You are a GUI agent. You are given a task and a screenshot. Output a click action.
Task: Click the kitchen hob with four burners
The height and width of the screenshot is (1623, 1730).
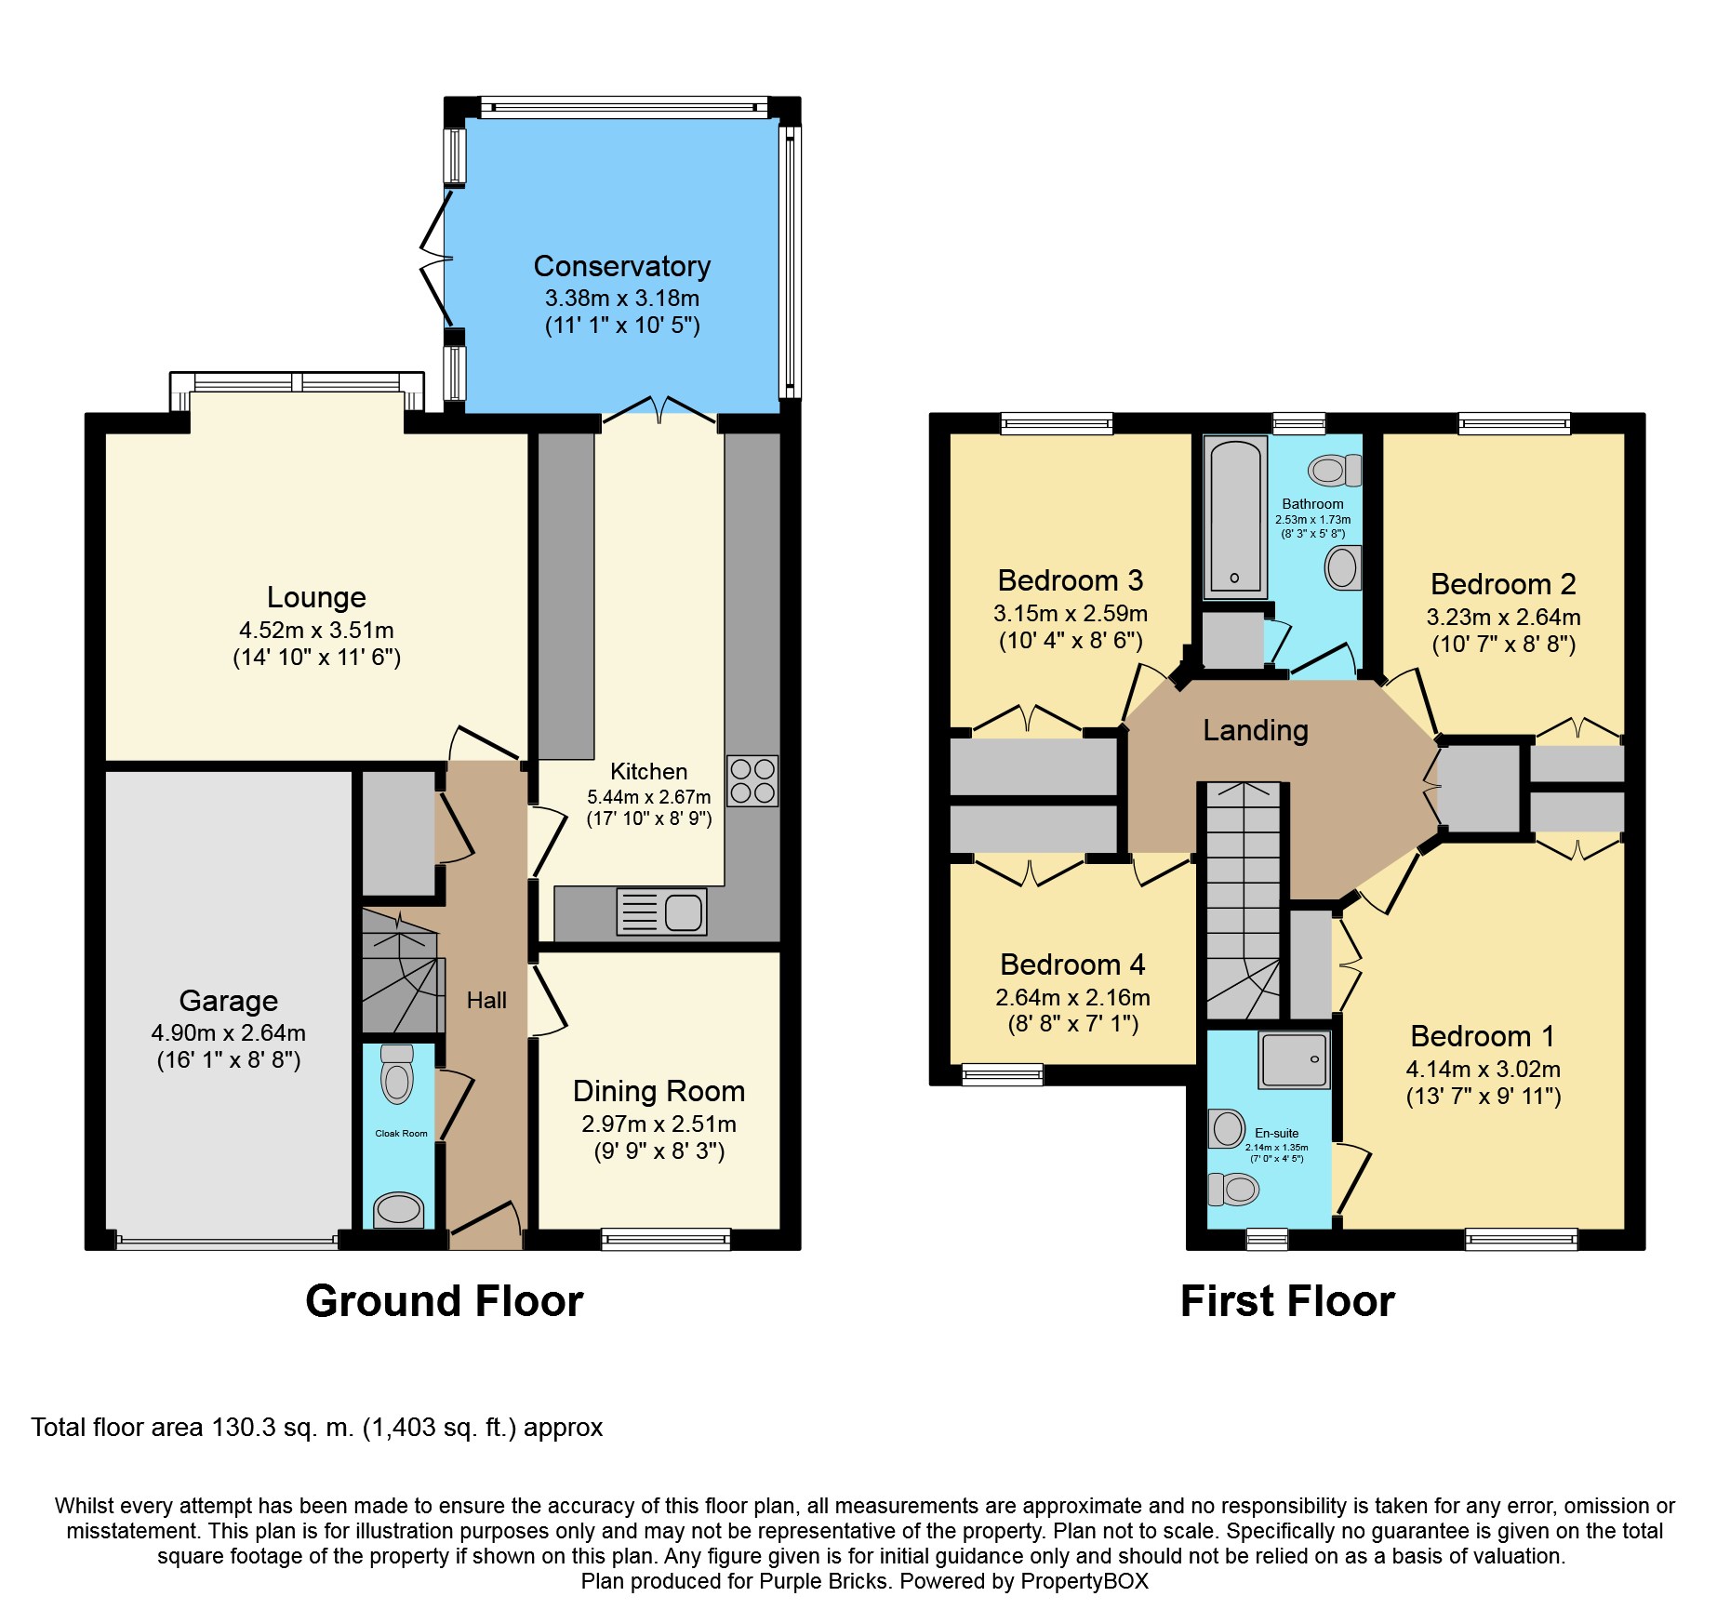click(x=752, y=780)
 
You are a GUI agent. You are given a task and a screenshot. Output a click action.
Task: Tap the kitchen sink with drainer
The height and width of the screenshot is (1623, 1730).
click(x=661, y=911)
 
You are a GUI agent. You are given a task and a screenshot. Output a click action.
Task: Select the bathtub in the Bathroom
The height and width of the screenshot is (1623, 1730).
click(x=1235, y=517)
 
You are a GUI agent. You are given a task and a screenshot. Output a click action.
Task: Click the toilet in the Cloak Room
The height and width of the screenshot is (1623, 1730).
click(x=397, y=1074)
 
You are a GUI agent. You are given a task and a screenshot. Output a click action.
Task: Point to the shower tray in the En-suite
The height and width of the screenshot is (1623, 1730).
click(x=1294, y=1059)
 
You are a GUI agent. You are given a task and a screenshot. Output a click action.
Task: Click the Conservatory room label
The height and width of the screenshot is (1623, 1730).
click(x=621, y=266)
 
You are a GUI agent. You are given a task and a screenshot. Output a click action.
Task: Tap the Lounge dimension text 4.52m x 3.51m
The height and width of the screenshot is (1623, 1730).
click(x=316, y=630)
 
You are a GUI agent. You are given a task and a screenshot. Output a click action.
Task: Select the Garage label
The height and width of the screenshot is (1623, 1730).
click(x=228, y=1001)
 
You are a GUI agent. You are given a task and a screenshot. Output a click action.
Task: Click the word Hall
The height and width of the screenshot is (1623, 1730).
click(x=486, y=1001)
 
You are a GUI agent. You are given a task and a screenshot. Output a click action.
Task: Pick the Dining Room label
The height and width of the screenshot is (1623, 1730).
click(x=659, y=1091)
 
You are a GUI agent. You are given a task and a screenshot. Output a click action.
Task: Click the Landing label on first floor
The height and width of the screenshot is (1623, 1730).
click(x=1255, y=730)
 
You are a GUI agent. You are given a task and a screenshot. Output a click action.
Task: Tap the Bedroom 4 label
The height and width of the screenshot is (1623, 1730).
click(x=1071, y=964)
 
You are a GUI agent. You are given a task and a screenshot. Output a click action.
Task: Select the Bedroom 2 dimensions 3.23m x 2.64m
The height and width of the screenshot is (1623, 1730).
click(x=1503, y=617)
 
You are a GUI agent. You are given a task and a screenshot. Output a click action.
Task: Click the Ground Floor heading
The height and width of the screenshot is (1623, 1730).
click(x=444, y=1301)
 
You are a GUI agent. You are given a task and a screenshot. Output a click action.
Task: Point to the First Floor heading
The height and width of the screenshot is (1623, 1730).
click(x=1287, y=1301)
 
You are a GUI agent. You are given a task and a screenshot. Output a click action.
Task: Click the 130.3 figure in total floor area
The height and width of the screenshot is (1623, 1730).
click(x=244, y=1428)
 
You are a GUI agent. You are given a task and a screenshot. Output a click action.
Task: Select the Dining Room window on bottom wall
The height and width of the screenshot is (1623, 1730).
click(x=665, y=1238)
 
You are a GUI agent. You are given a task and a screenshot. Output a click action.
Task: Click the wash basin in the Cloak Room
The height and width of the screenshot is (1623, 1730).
click(x=398, y=1209)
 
